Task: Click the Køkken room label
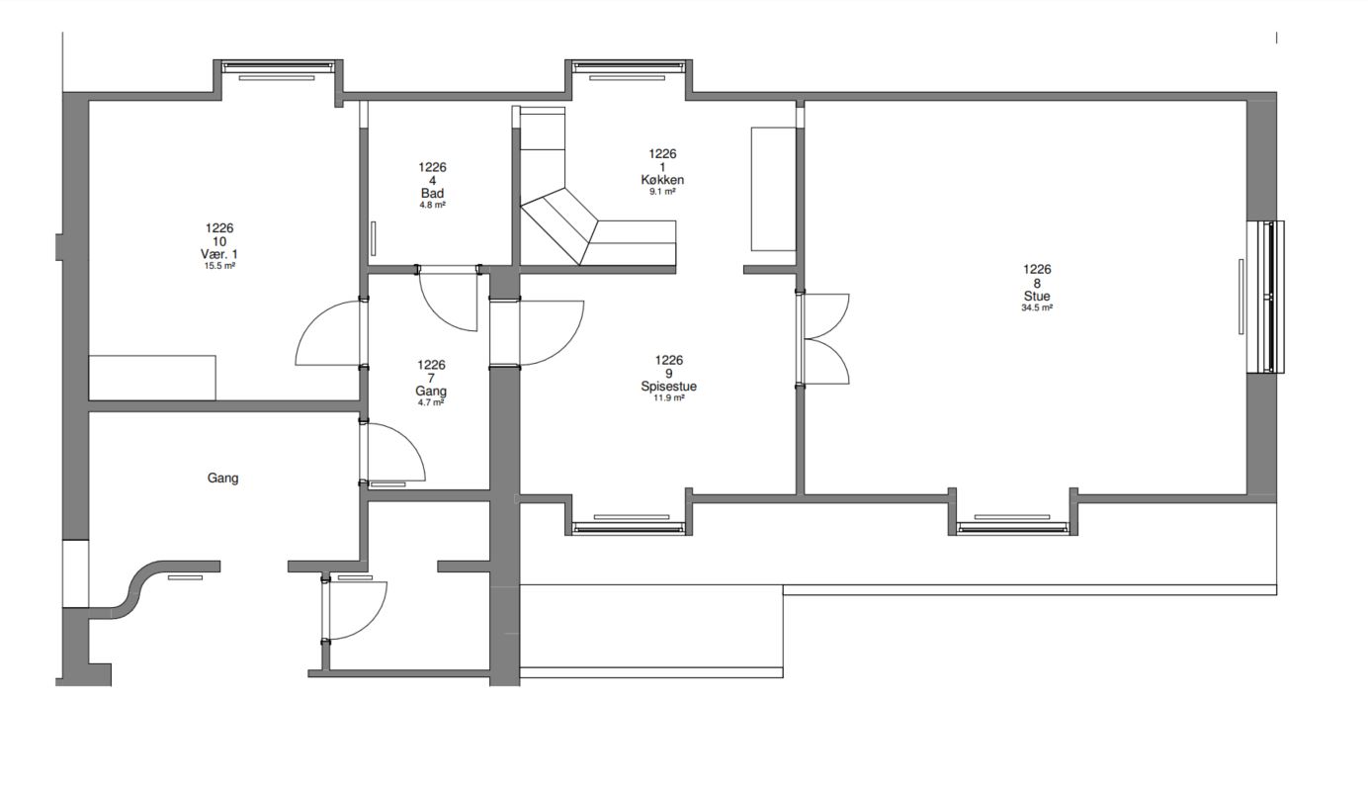[662, 180]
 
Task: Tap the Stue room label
[1037, 297]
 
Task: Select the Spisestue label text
[669, 387]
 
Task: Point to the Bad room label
[432, 194]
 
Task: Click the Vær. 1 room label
[219, 254]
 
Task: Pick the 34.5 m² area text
[1037, 307]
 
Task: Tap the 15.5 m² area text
[219, 266]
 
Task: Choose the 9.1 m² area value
[662, 191]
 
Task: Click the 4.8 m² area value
[432, 206]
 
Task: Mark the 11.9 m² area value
[669, 397]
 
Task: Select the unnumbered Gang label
[222, 478]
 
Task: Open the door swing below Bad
[448, 299]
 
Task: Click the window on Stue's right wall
[1265, 297]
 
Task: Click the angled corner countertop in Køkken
[559, 226]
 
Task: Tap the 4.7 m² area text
[431, 402]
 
